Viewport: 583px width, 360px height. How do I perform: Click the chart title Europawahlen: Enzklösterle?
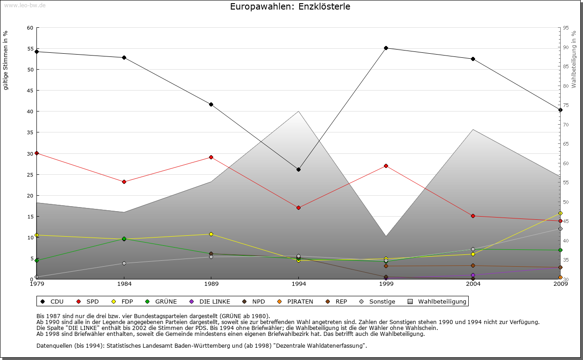coord(290,7)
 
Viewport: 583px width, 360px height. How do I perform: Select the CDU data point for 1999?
coord(386,48)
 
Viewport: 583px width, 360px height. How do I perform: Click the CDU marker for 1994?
coord(298,169)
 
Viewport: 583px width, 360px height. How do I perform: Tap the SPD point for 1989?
coord(211,157)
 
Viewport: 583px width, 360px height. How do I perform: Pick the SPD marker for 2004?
coord(473,216)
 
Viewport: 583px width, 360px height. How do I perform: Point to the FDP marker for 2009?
coord(560,213)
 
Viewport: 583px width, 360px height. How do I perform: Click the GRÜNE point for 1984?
coord(124,238)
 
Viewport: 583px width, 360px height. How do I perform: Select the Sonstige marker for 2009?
coord(560,229)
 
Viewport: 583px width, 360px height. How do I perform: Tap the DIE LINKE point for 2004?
coord(473,275)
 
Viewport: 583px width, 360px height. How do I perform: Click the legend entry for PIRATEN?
coord(296,301)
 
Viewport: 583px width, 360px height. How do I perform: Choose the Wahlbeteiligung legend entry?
coord(438,301)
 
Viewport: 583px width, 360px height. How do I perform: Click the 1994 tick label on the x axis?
coord(299,284)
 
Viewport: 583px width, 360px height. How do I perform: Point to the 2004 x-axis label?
coord(473,284)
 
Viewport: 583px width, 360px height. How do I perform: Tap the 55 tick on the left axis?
coord(30,49)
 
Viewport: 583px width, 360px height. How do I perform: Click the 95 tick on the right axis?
coord(565,28)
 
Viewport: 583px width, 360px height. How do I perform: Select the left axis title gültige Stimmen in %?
coord(6,60)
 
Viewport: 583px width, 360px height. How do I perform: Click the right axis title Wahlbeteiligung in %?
coord(574,60)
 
